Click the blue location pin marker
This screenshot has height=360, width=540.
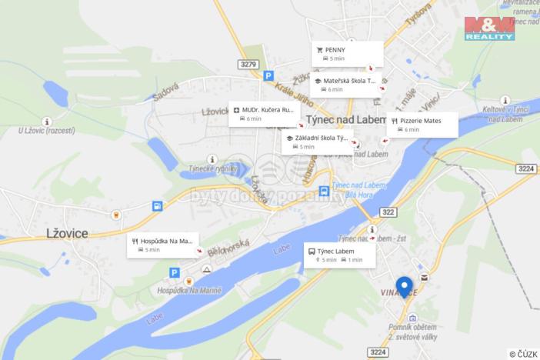point(404,287)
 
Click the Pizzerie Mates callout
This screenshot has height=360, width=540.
point(422,125)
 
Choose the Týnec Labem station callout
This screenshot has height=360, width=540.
point(339,255)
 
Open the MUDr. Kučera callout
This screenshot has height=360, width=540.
point(264,114)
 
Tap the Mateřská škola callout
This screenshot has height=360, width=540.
point(344,84)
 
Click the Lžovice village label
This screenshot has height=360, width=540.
point(67,232)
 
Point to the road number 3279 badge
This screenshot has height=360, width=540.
point(248,64)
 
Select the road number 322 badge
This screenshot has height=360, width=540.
point(388,212)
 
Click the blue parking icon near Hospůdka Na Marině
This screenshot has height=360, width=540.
point(175,272)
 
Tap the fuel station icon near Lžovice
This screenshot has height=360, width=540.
point(157,205)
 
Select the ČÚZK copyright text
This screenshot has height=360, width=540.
point(522,354)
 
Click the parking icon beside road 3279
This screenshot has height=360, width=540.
point(268,76)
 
